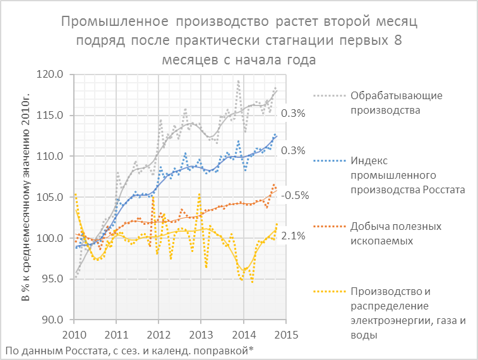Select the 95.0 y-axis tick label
[x=55, y=279]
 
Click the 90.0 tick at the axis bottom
[x=55, y=320]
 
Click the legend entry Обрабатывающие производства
[x=387, y=102]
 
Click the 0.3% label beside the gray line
[x=294, y=114]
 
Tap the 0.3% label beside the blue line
[x=294, y=150]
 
